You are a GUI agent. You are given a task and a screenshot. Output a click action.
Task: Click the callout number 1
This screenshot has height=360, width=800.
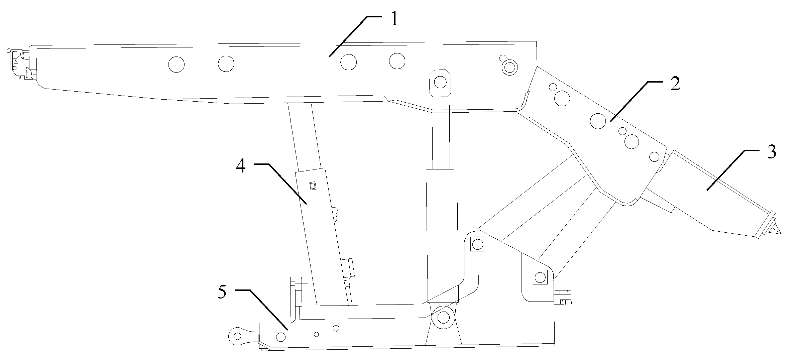(x=394, y=20)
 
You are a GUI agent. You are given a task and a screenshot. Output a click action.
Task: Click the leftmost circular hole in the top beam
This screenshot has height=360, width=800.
(x=176, y=64)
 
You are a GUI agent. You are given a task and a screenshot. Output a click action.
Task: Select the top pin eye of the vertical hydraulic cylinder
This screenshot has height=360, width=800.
(x=441, y=82)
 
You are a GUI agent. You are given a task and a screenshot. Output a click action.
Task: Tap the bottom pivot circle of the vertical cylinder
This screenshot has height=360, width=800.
(x=443, y=317)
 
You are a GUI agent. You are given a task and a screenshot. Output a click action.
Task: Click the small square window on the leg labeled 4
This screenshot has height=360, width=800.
(x=313, y=186)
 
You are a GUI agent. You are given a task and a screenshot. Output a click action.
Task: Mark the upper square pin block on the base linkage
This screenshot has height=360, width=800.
(x=477, y=244)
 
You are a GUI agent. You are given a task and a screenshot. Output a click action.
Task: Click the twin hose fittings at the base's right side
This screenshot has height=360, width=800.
(x=563, y=297)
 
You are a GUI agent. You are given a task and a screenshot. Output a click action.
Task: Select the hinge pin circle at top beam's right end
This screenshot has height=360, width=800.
(x=509, y=67)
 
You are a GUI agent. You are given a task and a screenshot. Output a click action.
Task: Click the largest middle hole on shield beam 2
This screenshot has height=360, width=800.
(x=598, y=121)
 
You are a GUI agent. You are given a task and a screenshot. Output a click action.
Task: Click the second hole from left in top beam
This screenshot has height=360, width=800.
(x=226, y=64)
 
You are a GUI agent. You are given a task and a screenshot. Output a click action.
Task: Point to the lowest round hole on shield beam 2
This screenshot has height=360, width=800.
(x=654, y=156)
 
